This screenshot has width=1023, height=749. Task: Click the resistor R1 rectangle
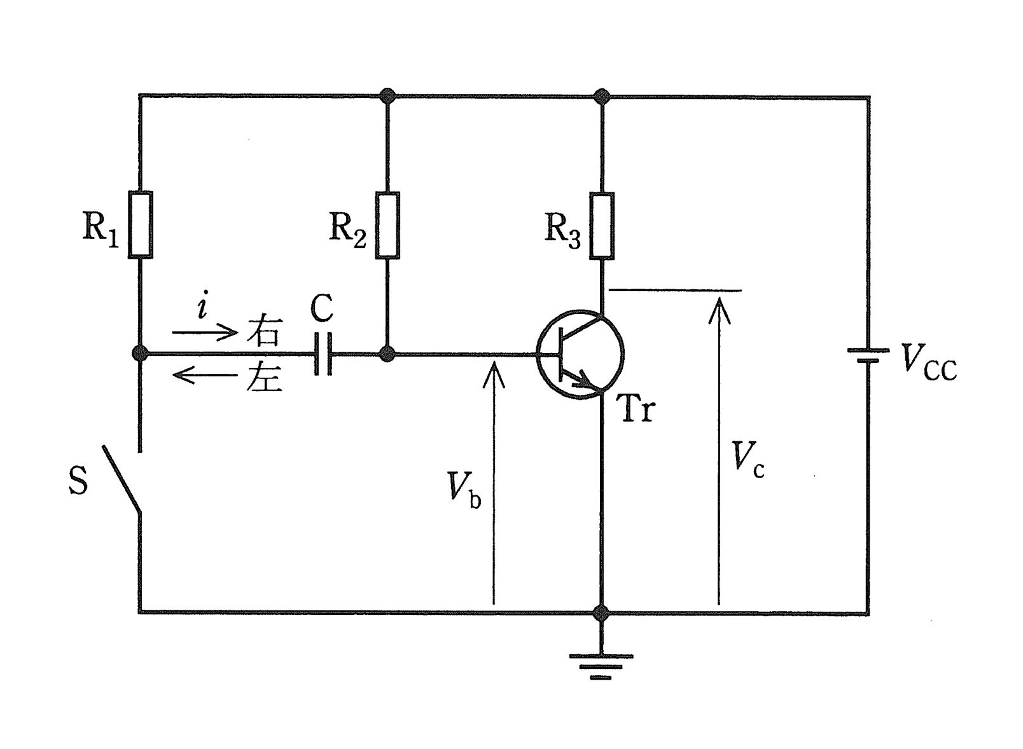coord(140,224)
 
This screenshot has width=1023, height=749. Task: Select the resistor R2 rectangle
coord(387,226)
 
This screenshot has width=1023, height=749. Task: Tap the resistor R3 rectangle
coord(601,226)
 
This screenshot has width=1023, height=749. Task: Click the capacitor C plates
coord(323,354)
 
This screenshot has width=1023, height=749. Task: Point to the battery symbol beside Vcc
coord(868,355)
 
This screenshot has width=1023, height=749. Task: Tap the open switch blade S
coord(122,479)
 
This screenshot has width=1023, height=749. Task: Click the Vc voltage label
coord(748,460)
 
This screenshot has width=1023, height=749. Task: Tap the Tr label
coord(636,408)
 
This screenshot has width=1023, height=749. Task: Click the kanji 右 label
coord(265,329)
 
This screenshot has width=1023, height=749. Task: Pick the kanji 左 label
coord(265,375)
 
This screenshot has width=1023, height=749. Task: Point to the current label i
coord(202,305)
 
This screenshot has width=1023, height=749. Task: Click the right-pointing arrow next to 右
coord(205,332)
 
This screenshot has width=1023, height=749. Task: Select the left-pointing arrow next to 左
coord(205,375)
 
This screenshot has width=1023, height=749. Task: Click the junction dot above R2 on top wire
coord(387,96)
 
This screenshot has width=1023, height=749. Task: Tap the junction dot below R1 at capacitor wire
coord(140,354)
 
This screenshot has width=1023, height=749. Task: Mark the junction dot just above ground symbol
coord(601,612)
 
